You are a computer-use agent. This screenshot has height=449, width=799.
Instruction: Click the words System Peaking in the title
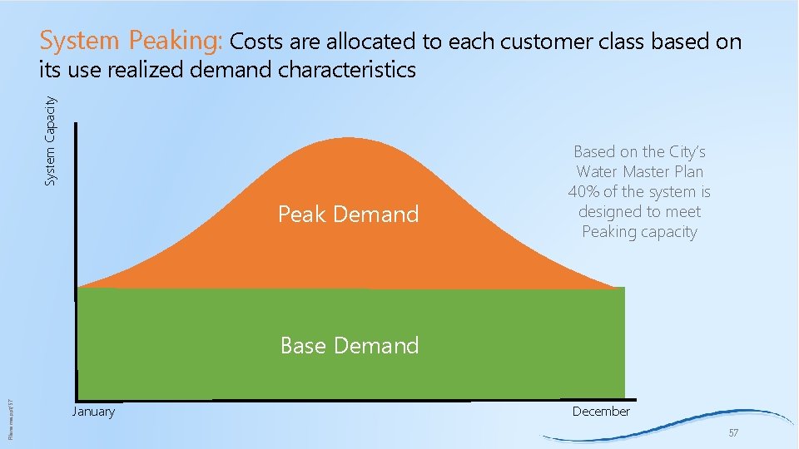tap(130, 41)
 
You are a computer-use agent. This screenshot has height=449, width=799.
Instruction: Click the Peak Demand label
tap(348, 215)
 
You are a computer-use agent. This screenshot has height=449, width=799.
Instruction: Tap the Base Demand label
tap(350, 345)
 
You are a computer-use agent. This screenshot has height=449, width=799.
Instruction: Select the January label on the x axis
tap(93, 412)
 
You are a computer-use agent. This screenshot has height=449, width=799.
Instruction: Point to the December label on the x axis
tap(601, 412)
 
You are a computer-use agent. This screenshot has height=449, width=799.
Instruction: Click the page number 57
tap(733, 433)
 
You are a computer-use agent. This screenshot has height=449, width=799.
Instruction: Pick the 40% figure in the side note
tap(583, 192)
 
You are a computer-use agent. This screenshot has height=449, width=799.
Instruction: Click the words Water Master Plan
tap(639, 172)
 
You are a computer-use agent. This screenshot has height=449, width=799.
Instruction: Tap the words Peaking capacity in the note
tap(639, 232)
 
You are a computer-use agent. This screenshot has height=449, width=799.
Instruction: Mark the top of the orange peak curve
tap(350, 138)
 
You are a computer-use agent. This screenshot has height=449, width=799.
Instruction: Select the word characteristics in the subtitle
tap(347, 70)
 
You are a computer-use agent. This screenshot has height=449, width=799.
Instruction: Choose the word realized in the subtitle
tap(146, 70)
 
